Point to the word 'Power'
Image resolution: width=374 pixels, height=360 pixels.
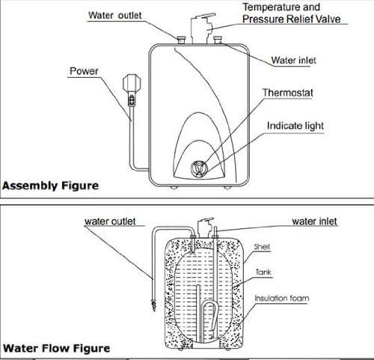(84, 72)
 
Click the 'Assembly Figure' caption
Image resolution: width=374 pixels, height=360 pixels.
(49, 184)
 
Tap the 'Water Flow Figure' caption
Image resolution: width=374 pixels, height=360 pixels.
(56, 348)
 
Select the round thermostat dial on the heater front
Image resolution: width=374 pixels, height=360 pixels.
(200, 168)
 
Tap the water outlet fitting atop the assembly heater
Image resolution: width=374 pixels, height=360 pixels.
(181, 37)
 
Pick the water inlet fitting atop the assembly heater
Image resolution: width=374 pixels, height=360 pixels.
(218, 37)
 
